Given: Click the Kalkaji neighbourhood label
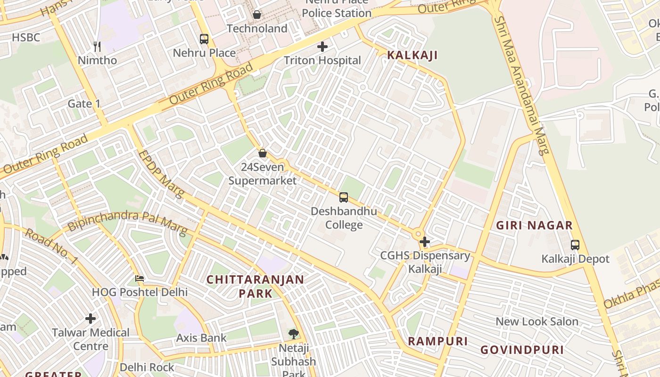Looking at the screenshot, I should coord(412,55).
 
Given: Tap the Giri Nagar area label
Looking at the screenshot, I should coord(534,225).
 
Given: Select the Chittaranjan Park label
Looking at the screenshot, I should coord(255,286).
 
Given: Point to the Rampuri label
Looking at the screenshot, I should coord(437,341).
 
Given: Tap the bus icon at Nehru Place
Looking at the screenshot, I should coord(204,39).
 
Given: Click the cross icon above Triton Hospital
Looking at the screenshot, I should coord(322,47).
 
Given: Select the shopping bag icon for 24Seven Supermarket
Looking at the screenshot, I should coord(263,153).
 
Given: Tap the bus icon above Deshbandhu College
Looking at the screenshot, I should coord(344,197).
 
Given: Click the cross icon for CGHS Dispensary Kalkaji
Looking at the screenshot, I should coord(425,242).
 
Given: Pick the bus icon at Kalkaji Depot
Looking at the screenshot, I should coord(575,245).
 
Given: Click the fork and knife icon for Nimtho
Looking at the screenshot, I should coord(97,46).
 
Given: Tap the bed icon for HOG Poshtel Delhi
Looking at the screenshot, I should coord(140,279).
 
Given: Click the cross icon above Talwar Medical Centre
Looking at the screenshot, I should coord(91,319).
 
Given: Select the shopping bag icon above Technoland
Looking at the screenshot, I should coord(257,15).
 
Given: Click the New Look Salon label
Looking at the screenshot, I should coord(536,321).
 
